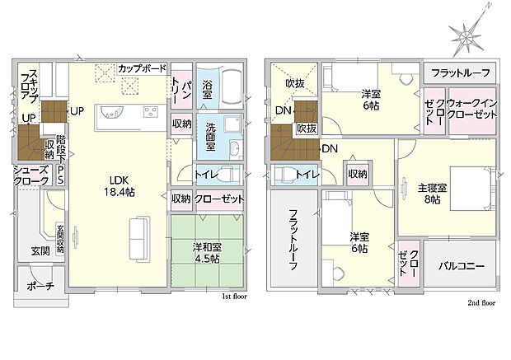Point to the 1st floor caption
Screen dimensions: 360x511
click(234, 295)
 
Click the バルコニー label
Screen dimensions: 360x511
click(461, 266)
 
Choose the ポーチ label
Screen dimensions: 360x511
click(40, 287)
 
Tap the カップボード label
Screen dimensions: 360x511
click(142, 68)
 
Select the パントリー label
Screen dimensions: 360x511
click(180, 91)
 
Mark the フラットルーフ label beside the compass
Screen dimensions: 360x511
click(461, 71)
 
